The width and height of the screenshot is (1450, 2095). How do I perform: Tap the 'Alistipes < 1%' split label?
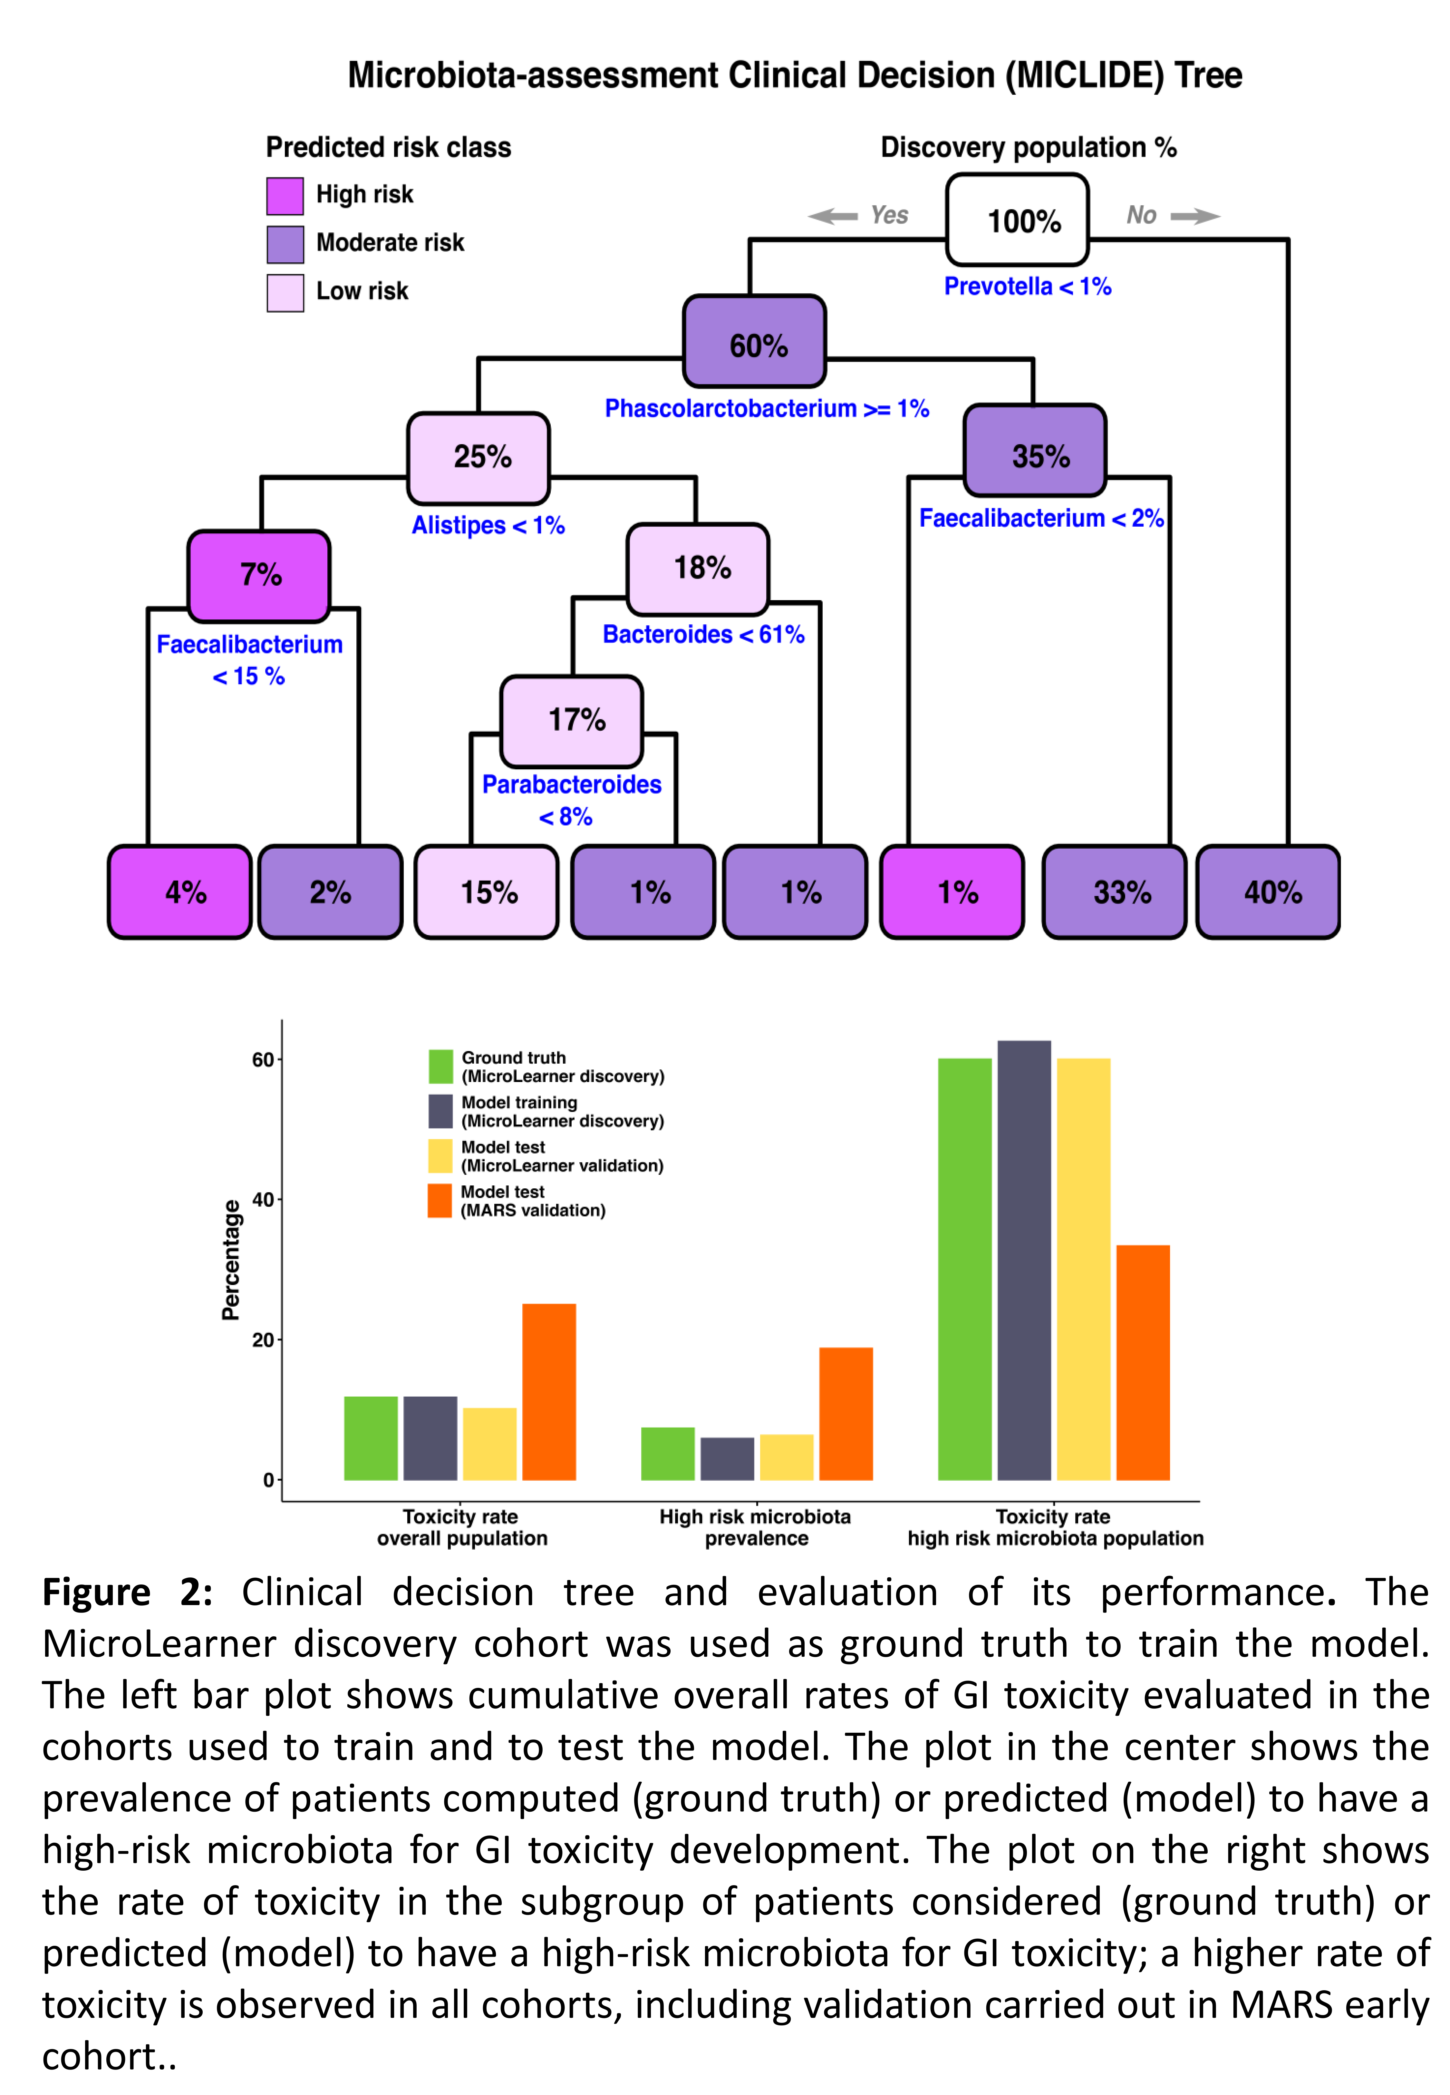click(488, 525)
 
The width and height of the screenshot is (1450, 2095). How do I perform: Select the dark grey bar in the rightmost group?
click(1024, 1260)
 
